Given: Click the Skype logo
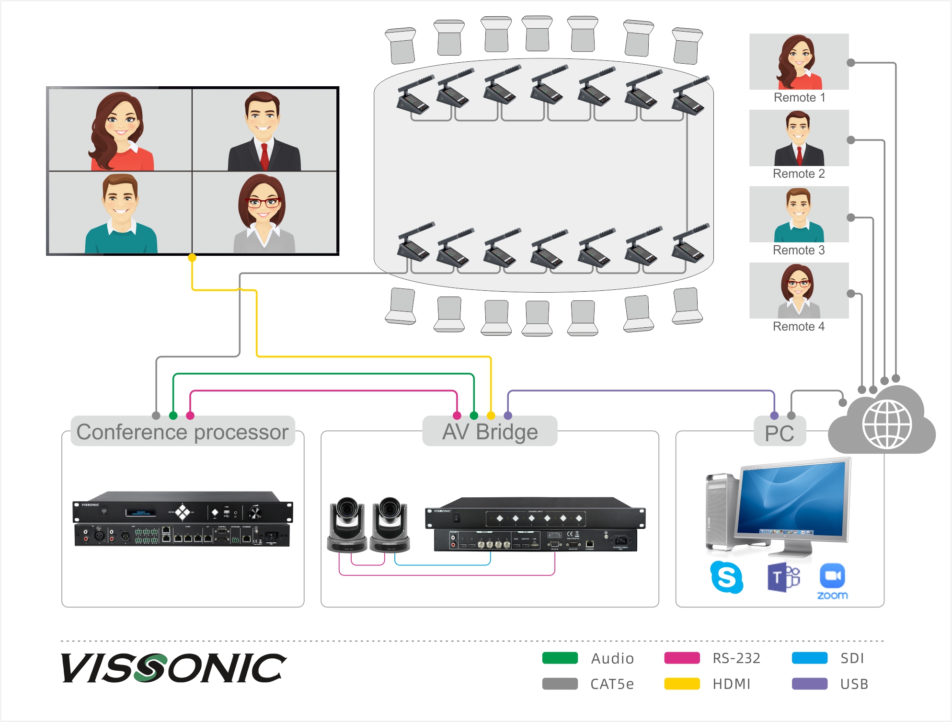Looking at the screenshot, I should (x=726, y=577).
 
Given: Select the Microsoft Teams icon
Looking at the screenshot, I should (x=783, y=577).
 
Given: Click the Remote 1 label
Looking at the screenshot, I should (x=799, y=98).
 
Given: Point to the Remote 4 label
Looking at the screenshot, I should (x=799, y=327).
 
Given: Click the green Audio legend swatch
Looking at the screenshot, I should (x=560, y=658).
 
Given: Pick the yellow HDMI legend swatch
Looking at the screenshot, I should (x=682, y=684).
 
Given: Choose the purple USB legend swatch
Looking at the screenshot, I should (x=809, y=684).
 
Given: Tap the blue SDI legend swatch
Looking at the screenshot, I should (x=809, y=658).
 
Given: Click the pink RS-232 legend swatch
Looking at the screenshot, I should (x=682, y=658).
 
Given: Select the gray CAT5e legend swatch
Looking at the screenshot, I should (x=560, y=684).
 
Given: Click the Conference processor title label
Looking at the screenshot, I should (x=183, y=432).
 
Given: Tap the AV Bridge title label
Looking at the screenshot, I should (x=490, y=432).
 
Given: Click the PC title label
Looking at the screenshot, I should (x=780, y=433).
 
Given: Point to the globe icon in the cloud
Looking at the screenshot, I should (x=887, y=424).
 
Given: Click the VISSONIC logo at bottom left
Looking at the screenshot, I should (x=173, y=668).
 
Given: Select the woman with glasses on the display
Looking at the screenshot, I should (x=264, y=213).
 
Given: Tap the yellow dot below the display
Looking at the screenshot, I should (x=192, y=257).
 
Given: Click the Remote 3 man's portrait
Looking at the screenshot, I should (x=799, y=215).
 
